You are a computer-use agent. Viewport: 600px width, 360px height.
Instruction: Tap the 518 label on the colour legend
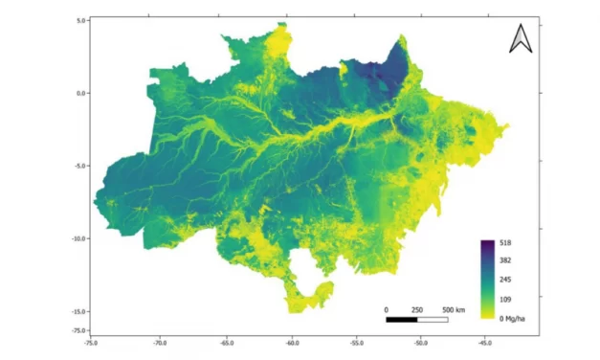click(x=506, y=244)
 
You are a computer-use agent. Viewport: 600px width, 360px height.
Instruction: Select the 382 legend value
click(x=506, y=260)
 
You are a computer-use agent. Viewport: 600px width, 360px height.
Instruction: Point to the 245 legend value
click(x=506, y=279)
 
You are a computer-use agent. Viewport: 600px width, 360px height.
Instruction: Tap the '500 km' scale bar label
click(x=454, y=310)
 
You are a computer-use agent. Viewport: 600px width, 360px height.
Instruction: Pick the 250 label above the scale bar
click(x=417, y=310)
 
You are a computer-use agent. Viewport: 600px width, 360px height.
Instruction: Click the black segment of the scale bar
click(x=402, y=319)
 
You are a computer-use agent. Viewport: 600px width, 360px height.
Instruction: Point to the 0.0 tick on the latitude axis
click(x=81, y=93)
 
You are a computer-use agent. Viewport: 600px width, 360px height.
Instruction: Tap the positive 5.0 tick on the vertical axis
click(x=81, y=20)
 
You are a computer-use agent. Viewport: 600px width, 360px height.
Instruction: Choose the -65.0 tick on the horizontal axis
click(x=226, y=340)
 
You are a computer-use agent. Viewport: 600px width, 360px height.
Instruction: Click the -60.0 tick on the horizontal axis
click(x=292, y=340)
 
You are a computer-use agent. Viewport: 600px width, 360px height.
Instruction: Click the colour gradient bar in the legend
click(x=488, y=279)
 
